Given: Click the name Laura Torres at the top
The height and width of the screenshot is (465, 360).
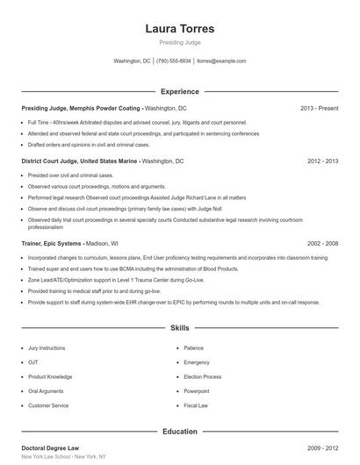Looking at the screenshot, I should [x=179, y=28].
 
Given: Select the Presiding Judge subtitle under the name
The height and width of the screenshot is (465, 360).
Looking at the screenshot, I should [x=179, y=43].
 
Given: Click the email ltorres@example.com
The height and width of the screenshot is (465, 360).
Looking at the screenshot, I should [x=221, y=61].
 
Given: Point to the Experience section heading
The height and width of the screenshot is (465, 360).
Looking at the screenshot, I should [x=179, y=91].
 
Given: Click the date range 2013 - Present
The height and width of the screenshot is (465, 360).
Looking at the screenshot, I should [x=319, y=108].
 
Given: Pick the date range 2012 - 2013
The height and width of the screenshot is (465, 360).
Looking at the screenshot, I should [x=322, y=161].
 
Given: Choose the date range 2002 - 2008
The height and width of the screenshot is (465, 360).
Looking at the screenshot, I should [x=322, y=242].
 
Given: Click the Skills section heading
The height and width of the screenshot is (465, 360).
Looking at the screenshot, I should [x=179, y=327].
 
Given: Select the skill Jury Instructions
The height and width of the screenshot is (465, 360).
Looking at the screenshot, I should [x=47, y=348].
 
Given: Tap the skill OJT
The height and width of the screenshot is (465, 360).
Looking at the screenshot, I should [x=33, y=362].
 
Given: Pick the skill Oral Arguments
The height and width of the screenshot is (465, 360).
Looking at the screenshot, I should [x=46, y=391].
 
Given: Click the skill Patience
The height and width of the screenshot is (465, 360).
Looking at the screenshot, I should [x=193, y=348].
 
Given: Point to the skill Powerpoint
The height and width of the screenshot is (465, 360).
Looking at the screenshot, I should [x=197, y=391].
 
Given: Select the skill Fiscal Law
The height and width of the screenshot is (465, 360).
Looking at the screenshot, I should [x=196, y=405].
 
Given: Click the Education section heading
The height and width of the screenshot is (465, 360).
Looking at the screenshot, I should [x=179, y=432].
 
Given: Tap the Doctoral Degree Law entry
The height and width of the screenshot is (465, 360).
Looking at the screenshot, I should [x=52, y=448].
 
